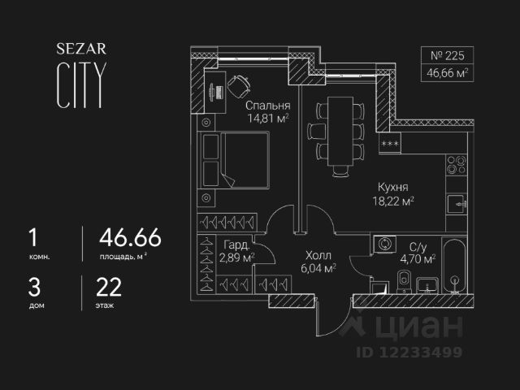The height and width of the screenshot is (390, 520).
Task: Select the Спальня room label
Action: (x=268, y=106)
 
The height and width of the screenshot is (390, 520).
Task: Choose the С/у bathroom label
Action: (x=419, y=246)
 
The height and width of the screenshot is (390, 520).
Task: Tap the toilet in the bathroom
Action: (x=404, y=279)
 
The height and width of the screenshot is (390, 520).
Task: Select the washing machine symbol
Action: (x=383, y=245)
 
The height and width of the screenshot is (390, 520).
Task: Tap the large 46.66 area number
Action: (x=130, y=237)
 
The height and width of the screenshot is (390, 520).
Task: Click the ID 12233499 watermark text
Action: (x=411, y=352)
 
